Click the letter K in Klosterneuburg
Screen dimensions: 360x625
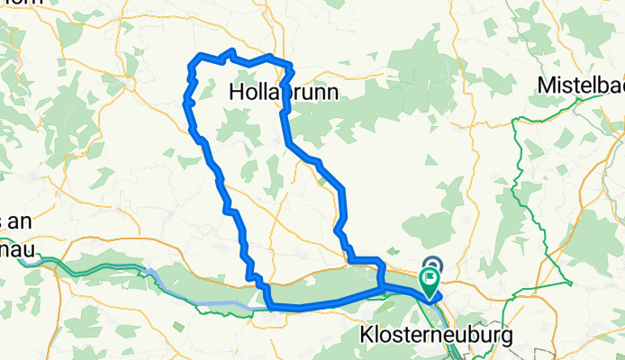pyautogui.click(x=367, y=336)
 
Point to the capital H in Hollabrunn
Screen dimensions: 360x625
pyautogui.click(x=236, y=93)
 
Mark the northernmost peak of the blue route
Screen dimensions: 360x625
pyautogui.click(x=232, y=51)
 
